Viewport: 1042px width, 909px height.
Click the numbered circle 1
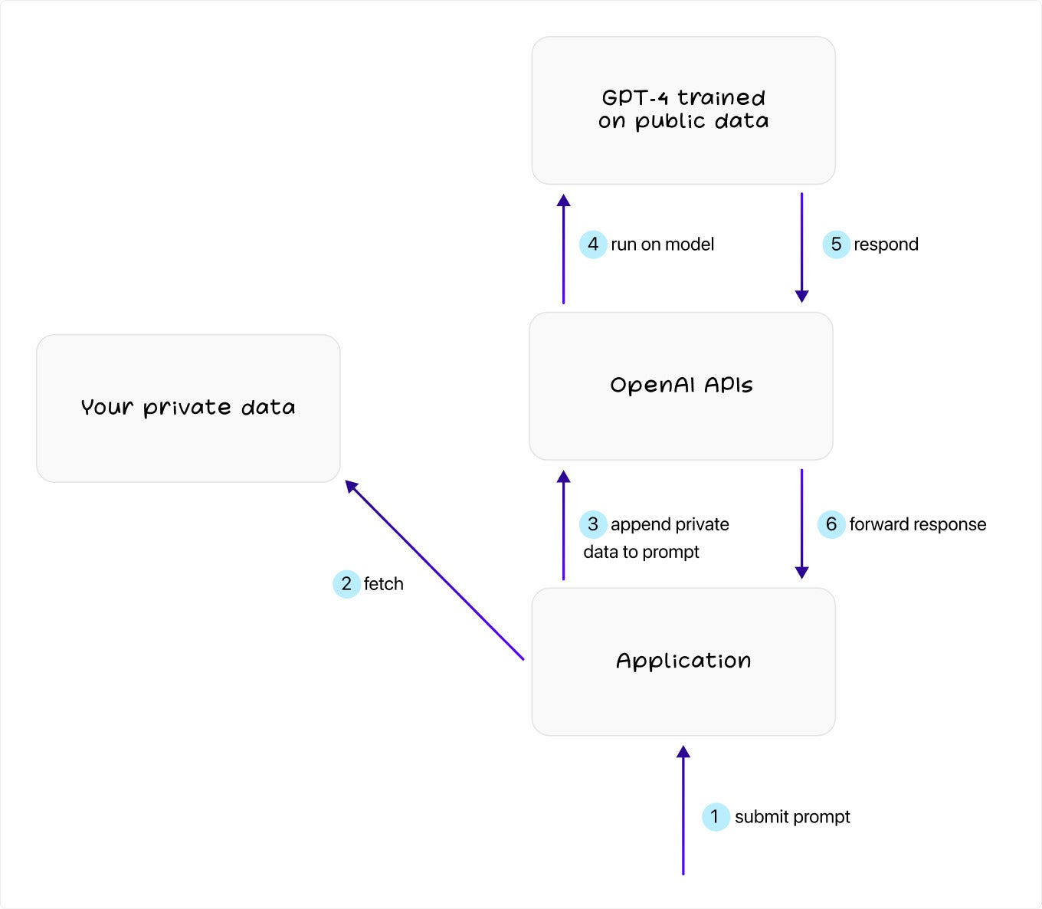[x=715, y=817]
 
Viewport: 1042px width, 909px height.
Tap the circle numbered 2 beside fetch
[x=346, y=584]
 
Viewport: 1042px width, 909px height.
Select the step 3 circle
[x=593, y=524]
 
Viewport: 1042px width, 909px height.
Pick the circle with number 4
[x=593, y=244]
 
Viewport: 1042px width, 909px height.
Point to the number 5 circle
[x=836, y=244]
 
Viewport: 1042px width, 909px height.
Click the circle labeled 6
[x=831, y=524]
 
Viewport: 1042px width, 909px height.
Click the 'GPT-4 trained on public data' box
[x=683, y=110]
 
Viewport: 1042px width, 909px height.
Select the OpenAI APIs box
[x=681, y=386]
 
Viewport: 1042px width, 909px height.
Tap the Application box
[x=683, y=662]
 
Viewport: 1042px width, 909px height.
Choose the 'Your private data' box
[x=188, y=409]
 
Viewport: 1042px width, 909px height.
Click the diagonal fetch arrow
[x=434, y=569]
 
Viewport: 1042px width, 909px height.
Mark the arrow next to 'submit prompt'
[x=683, y=810]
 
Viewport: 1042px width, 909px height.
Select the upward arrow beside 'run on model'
[x=563, y=248]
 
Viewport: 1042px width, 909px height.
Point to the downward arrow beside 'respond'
[x=802, y=248]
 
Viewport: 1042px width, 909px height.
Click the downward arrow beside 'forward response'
[x=802, y=523]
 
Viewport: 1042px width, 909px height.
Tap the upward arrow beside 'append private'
[x=563, y=525]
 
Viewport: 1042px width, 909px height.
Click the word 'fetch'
[x=384, y=584]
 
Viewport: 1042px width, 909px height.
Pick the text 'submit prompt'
[x=792, y=817]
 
